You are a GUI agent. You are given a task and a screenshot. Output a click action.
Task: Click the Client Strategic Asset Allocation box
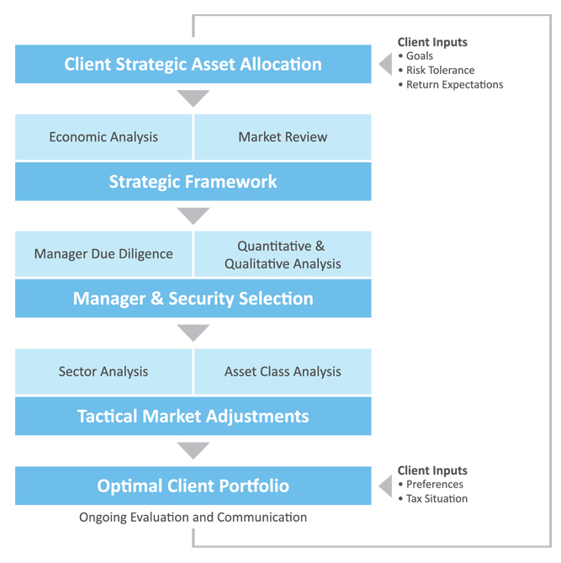(x=193, y=64)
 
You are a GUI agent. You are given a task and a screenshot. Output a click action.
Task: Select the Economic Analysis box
(x=103, y=137)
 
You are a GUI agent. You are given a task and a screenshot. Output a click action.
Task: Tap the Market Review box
(x=283, y=137)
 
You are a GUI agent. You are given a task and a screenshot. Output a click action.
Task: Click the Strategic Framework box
(x=193, y=181)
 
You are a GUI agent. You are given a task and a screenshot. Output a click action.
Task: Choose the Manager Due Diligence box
(x=103, y=254)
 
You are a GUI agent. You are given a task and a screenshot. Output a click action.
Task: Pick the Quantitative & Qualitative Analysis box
(x=283, y=254)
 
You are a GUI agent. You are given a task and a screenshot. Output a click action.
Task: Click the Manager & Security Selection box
(x=193, y=299)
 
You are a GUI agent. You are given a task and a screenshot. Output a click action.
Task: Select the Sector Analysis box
(x=103, y=372)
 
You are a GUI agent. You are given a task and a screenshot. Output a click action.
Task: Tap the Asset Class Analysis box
(x=283, y=372)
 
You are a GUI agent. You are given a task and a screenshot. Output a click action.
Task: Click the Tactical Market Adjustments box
(x=193, y=416)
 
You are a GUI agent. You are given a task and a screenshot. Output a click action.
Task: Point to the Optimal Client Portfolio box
(x=193, y=486)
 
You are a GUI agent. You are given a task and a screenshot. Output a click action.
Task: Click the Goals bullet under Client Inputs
(x=415, y=56)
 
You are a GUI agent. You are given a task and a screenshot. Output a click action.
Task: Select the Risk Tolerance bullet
(x=437, y=71)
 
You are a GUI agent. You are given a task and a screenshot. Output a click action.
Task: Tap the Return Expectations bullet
(x=451, y=85)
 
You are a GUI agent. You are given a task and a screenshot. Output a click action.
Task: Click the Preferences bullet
(x=431, y=485)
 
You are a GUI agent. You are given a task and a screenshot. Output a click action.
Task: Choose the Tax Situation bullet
(x=433, y=499)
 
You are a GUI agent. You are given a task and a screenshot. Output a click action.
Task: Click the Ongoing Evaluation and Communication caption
(x=193, y=518)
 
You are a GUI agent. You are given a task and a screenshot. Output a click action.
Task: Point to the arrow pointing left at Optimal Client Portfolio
(x=385, y=486)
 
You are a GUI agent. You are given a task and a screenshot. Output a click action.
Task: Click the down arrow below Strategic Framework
(x=193, y=216)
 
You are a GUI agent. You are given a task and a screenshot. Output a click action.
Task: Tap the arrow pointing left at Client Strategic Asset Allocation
(x=385, y=64)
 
